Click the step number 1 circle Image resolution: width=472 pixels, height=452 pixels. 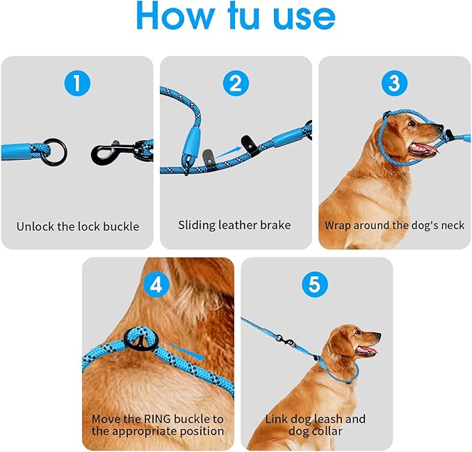click(77, 85)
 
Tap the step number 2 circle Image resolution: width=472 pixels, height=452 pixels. click(236, 85)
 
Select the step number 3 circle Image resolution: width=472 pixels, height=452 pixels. click(394, 85)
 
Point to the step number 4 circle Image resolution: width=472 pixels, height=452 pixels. click(158, 285)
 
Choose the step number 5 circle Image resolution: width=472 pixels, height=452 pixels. click(316, 285)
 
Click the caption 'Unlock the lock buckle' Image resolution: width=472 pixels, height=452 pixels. click(78, 226)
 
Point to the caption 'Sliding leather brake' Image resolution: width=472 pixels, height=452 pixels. click(235, 225)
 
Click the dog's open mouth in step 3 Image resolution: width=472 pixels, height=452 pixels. click(425, 149)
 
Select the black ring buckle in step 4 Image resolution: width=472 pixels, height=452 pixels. click(139, 340)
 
